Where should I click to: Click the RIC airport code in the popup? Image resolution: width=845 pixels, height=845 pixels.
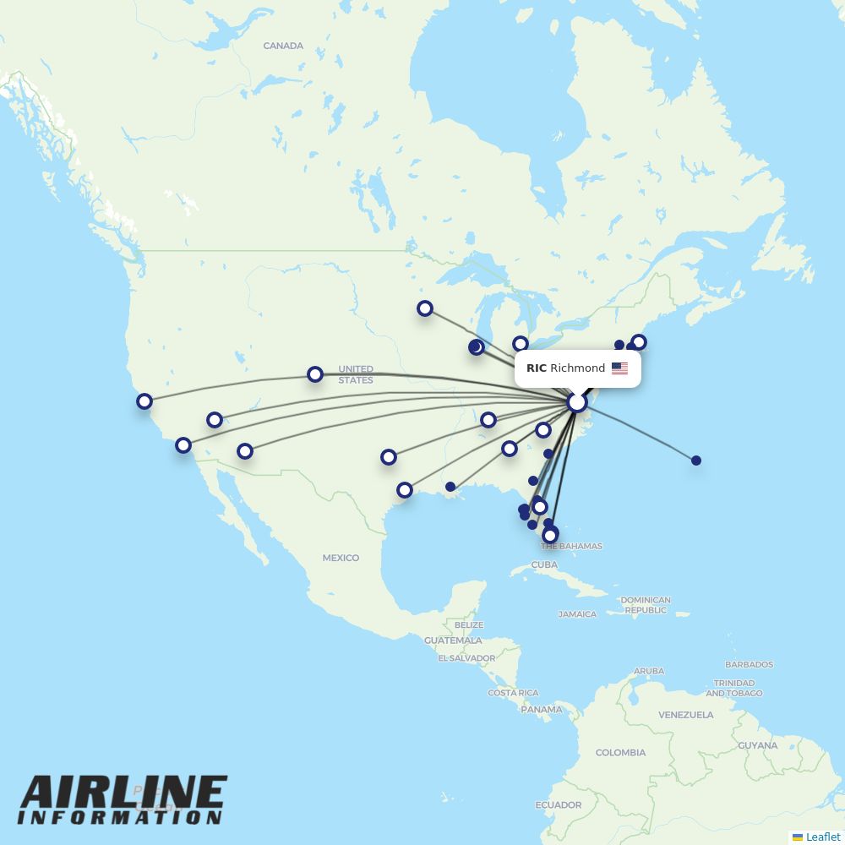(x=536, y=368)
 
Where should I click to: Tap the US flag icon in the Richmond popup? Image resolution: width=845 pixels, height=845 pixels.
(x=619, y=368)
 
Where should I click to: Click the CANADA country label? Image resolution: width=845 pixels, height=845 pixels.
(x=283, y=46)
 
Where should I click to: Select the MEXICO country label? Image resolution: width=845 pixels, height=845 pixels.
(x=341, y=558)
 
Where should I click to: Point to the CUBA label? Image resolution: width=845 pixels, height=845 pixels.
(x=544, y=564)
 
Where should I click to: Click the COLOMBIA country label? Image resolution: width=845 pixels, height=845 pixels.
(x=620, y=752)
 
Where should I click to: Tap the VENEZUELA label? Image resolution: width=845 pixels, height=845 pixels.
(x=686, y=715)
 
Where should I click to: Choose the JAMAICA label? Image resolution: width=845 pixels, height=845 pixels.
(x=577, y=614)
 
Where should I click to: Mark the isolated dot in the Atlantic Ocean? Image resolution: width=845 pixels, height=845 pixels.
(x=696, y=461)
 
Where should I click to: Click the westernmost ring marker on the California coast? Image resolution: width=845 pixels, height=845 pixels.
(x=144, y=401)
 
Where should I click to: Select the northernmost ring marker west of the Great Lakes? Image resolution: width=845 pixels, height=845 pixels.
(x=425, y=308)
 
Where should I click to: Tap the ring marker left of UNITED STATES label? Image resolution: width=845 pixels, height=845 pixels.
(x=315, y=373)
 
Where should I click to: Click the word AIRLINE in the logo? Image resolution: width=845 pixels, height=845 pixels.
(x=123, y=793)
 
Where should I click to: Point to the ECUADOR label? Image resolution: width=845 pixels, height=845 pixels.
(x=559, y=804)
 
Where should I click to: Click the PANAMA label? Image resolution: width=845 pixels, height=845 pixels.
(x=541, y=710)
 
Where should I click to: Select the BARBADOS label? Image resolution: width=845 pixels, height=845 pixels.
(x=749, y=665)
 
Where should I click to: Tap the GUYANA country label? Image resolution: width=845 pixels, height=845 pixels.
(x=757, y=745)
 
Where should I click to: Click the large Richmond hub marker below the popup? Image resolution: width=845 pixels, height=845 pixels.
(x=577, y=402)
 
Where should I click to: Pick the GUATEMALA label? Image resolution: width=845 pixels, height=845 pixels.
(x=453, y=641)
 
